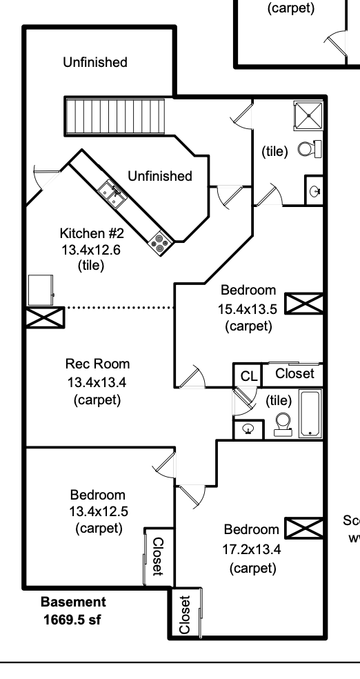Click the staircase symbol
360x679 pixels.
pyautogui.click(x=116, y=117)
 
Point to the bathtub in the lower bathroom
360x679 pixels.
pyautogui.click(x=311, y=414)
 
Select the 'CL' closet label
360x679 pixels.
pyautogui.click(x=248, y=376)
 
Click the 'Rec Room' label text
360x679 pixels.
pyautogui.click(x=97, y=364)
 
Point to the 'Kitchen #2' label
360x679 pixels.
pyautogui.click(x=90, y=235)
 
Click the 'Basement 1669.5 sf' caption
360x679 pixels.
pyautogui.click(x=72, y=611)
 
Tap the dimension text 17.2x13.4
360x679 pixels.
pyautogui.click(x=252, y=549)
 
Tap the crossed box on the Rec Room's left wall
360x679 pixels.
pyautogui.click(x=45, y=317)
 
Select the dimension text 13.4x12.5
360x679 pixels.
pyautogui.click(x=97, y=511)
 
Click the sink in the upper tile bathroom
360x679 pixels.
pyautogui.click(x=314, y=190)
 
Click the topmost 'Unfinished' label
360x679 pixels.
pyautogui.click(x=95, y=63)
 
